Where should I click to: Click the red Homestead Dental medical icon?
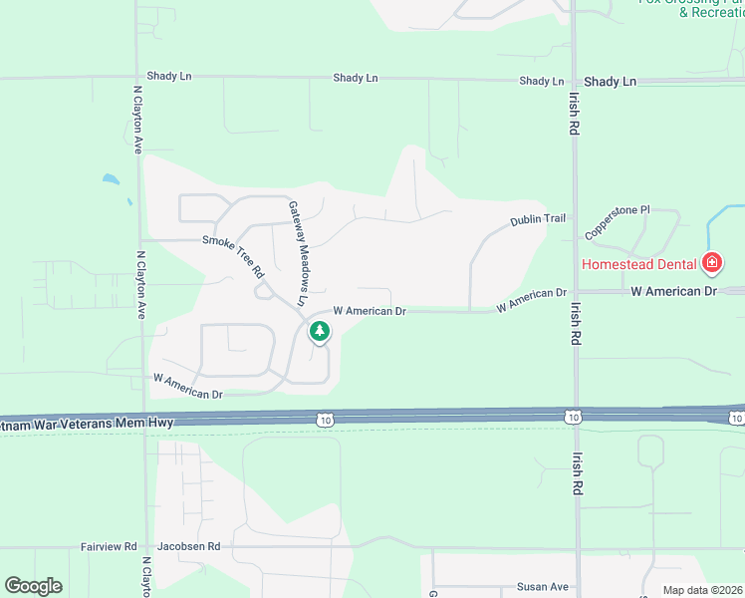(x=711, y=264)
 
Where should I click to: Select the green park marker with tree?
(x=319, y=331)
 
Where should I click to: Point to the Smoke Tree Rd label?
(x=234, y=255)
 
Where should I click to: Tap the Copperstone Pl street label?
(x=617, y=222)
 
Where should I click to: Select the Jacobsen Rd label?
(x=188, y=547)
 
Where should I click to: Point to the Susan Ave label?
(x=542, y=587)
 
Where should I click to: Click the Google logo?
(x=33, y=586)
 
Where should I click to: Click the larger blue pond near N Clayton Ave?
(x=110, y=180)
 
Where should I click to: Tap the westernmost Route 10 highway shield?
(x=328, y=420)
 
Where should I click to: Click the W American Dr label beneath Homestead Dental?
(x=674, y=291)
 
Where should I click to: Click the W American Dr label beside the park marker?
(x=370, y=311)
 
